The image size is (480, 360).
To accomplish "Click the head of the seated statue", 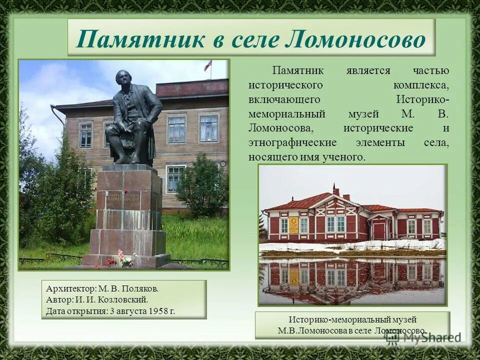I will [122, 78].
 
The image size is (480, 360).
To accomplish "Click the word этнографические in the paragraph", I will [292, 142].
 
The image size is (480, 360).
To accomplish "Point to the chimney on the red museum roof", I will [336, 190].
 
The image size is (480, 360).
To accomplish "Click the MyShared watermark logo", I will [423, 337].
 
